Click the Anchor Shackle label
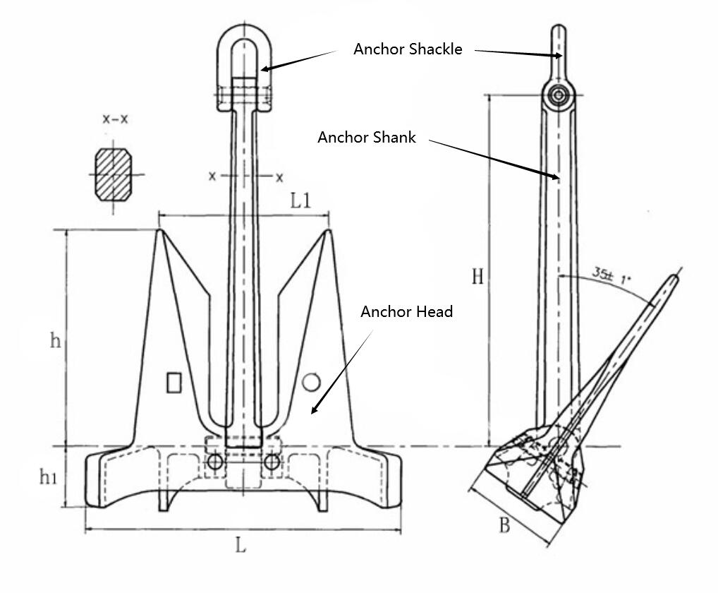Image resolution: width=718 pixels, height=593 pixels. [x=408, y=49]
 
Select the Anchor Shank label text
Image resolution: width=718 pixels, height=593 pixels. [x=367, y=138]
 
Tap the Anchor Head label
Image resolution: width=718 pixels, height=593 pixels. [x=406, y=311]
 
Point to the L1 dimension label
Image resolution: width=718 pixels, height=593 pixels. [x=300, y=200]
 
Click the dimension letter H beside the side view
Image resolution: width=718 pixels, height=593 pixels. [x=477, y=276]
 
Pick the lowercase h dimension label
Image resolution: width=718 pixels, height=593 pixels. [x=55, y=341]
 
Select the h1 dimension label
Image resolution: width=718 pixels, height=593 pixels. [x=48, y=478]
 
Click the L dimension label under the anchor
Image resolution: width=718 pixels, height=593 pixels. [x=241, y=545]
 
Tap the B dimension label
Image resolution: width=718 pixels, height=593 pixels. [x=504, y=526]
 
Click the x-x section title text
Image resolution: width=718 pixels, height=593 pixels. [x=115, y=119]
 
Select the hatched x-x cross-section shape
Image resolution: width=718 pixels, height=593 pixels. [x=113, y=174]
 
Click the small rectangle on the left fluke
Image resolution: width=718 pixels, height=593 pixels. [x=174, y=383]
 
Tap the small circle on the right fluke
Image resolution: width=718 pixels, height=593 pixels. [x=311, y=382]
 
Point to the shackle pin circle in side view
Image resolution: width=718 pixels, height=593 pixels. [x=559, y=95]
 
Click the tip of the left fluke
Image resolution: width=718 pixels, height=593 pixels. [x=160, y=230]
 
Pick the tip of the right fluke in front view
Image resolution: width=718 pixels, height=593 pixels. [x=328, y=230]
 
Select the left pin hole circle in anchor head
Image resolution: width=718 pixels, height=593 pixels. [x=216, y=462]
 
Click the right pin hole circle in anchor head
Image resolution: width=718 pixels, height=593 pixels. [x=271, y=462]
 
